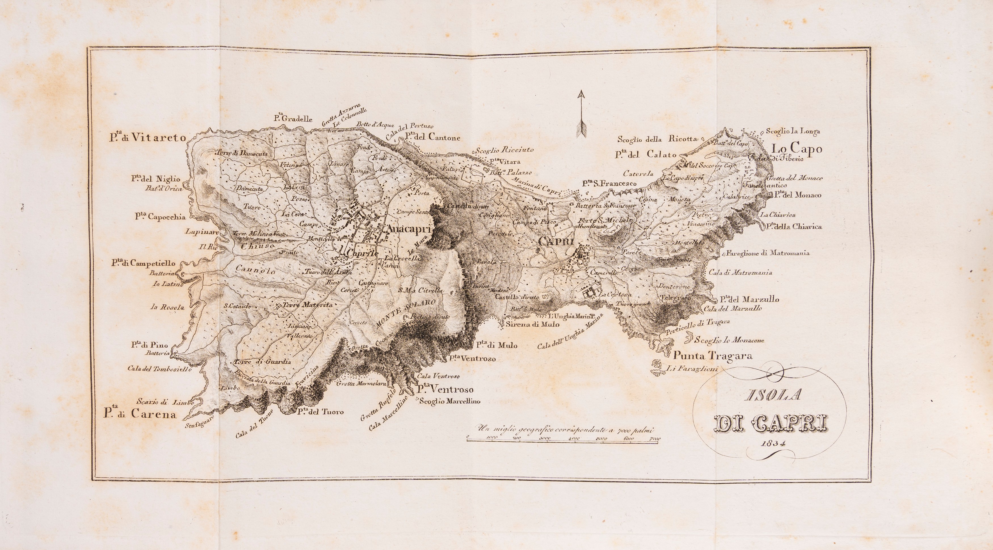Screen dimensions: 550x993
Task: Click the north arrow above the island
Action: [581, 120]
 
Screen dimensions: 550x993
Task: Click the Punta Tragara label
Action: [713, 356]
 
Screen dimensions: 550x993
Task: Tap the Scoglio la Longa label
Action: [793, 131]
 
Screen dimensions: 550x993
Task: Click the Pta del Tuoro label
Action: [320, 412]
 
